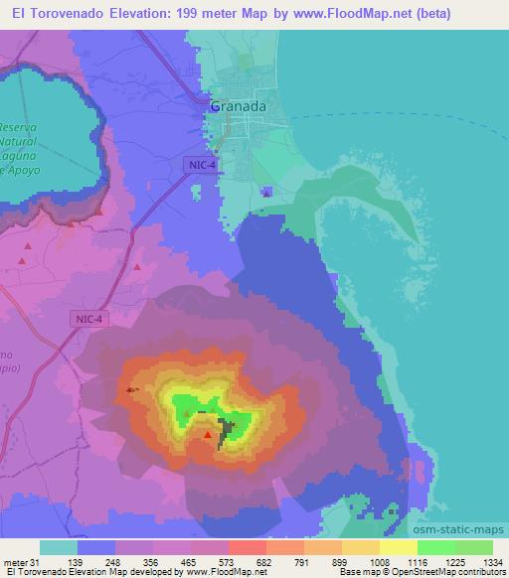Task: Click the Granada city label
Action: click(238, 105)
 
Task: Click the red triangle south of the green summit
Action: click(208, 434)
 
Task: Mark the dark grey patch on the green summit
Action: click(229, 429)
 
